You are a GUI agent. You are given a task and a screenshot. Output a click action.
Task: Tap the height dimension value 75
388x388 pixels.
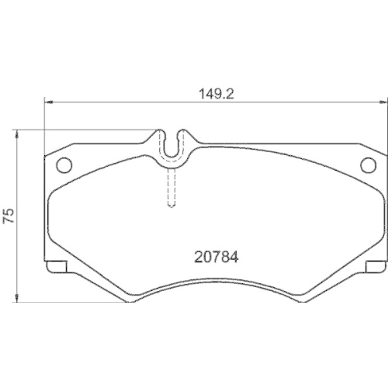click(9, 216)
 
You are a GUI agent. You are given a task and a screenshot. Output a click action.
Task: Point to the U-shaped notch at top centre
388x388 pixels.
click(174, 142)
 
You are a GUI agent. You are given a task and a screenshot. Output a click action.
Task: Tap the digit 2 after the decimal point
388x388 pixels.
click(231, 91)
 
